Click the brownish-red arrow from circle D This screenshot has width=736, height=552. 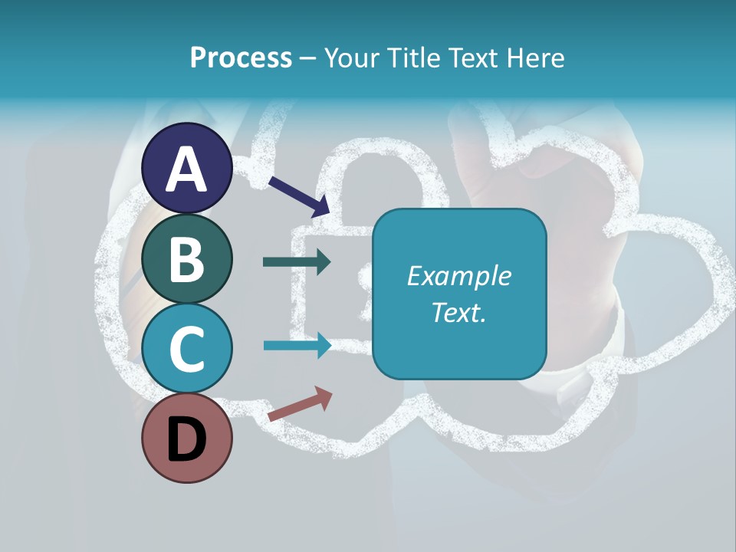pyautogui.click(x=300, y=404)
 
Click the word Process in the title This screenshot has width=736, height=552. pyautogui.click(x=241, y=58)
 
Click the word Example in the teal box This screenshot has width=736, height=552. pyautogui.click(x=458, y=276)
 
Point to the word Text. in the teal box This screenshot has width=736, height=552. pyautogui.click(x=458, y=312)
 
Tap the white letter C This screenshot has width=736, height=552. pyautogui.click(x=187, y=349)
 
